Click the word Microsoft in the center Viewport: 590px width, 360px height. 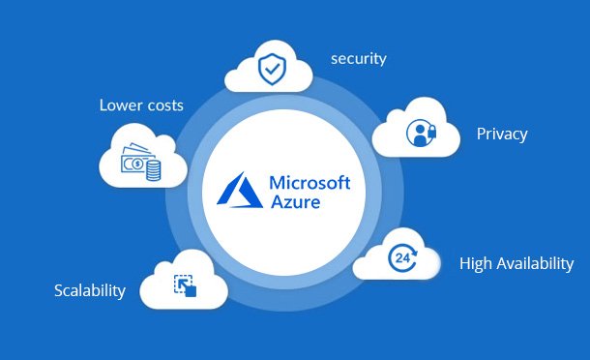[309, 183]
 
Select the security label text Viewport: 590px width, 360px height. [358, 58]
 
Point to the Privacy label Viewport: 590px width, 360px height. [502, 134]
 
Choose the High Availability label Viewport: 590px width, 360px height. [516, 263]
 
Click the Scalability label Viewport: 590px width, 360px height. [90, 290]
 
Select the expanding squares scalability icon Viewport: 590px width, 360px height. [185, 285]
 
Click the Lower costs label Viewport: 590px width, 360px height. [141, 105]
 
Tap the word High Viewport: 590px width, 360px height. [475, 263]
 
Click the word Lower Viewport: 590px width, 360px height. [121, 105]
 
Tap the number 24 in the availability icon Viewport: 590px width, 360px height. [402, 258]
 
